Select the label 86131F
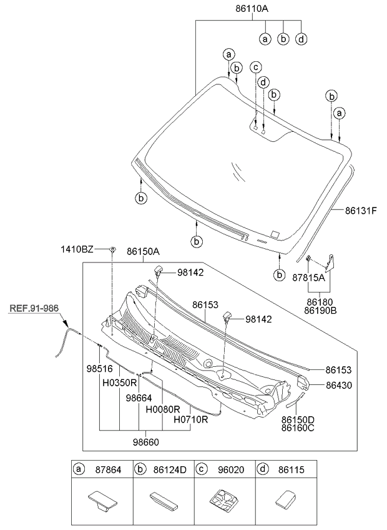pyautogui.click(x=361, y=211)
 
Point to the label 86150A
pyautogui.click(x=143, y=251)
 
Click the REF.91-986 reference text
pyautogui.click(x=34, y=308)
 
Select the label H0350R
pyautogui.click(x=120, y=381)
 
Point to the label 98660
pyautogui.click(x=145, y=442)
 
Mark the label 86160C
pyautogui.click(x=298, y=429)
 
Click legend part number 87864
pyautogui.click(x=106, y=469)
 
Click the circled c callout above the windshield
pyautogui.click(x=255, y=66)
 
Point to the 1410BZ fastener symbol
pyautogui.click(x=112, y=250)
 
